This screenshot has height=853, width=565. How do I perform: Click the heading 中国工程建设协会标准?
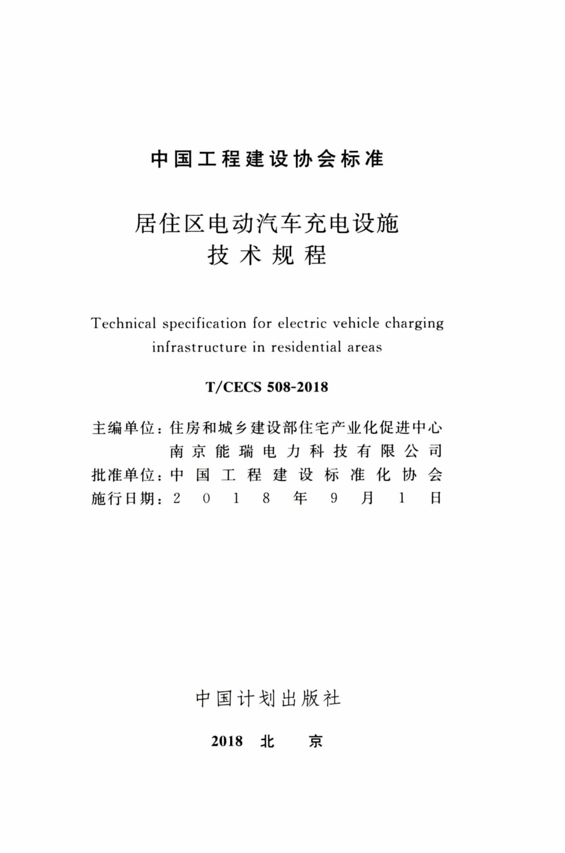267,159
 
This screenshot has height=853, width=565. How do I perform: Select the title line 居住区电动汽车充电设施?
267,224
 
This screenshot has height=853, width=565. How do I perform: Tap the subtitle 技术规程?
267,256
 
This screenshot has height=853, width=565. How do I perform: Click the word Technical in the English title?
124,324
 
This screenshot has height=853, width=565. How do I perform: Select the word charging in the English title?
415,324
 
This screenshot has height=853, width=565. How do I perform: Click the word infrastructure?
199,347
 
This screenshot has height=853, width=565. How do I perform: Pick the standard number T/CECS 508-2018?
267,387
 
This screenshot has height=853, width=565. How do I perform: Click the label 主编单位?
123,428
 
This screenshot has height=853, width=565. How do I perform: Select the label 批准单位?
123,475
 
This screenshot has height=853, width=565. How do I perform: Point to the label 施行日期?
123,498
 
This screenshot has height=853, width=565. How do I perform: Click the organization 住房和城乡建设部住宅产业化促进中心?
306,428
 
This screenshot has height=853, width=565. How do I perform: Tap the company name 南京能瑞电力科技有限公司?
306,451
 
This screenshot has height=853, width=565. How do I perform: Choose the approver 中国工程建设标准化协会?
306,475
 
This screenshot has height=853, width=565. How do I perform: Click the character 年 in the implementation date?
300,498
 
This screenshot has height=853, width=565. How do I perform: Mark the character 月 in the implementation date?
367,498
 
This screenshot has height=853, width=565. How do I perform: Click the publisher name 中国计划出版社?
268,698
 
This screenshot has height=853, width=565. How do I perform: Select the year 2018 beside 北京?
227,741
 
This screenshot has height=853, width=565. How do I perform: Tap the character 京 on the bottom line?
315,741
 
